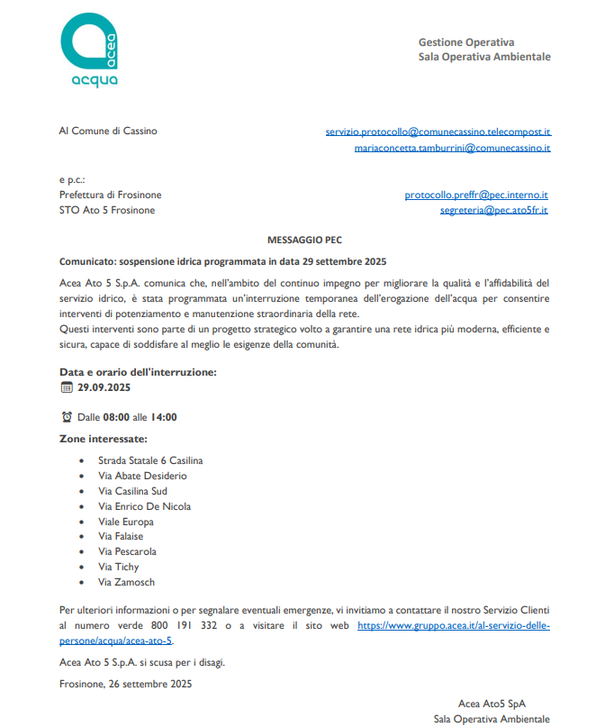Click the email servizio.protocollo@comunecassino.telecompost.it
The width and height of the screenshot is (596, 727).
438,132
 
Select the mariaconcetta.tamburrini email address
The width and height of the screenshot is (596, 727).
452,147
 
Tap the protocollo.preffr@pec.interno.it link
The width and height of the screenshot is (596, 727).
476,195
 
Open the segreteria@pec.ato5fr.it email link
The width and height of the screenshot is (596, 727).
493,210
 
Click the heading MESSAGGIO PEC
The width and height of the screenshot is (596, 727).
304,240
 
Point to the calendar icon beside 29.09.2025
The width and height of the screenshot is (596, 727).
66,387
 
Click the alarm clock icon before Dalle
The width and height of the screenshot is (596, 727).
66,417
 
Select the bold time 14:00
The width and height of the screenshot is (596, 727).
163,417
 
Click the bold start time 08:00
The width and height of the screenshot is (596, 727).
116,417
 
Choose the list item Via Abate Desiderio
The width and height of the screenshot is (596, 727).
142,476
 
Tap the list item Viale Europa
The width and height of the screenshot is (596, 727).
126,522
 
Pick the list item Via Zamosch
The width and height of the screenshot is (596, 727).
126,582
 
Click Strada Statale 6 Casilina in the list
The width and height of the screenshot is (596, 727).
150,460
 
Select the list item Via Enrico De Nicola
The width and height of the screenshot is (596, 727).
144,506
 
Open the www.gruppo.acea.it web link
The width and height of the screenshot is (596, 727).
453,624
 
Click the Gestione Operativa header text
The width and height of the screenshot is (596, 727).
466,42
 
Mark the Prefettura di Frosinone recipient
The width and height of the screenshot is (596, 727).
111,195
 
